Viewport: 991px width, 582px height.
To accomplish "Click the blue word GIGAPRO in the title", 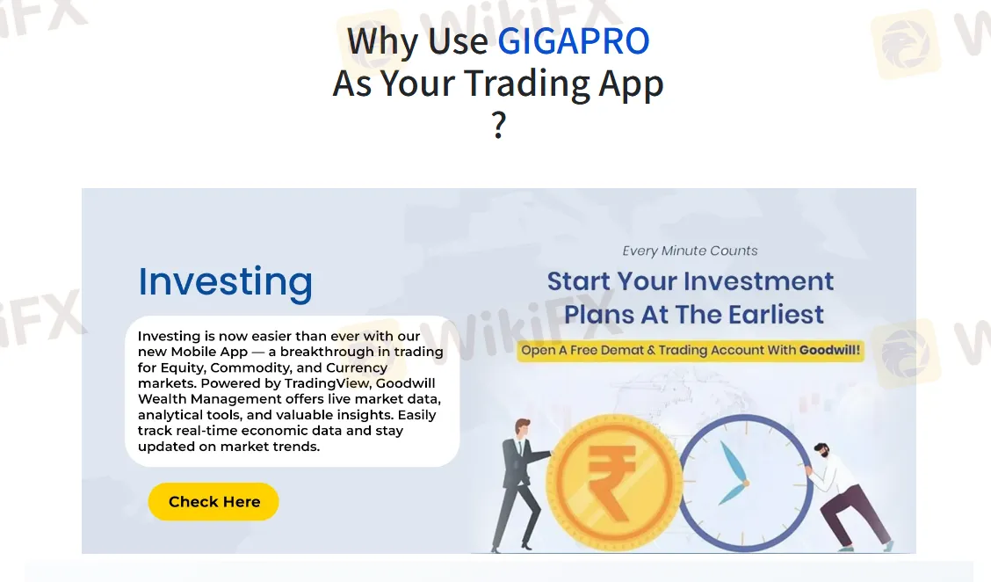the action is coord(573,41).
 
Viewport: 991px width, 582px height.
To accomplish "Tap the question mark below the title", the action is coord(499,125).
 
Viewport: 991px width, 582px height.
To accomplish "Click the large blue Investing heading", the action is coord(226,281).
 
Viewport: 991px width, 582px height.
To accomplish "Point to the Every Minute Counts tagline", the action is coord(690,251).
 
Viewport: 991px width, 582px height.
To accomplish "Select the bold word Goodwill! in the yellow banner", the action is coord(829,350).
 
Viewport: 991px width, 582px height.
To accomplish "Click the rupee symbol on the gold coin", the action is coord(611,482).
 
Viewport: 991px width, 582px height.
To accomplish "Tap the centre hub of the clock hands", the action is coord(746,484).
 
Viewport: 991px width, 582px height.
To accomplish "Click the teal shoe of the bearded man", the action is coord(887,545).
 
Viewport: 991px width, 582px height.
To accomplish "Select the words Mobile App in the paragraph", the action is coord(209,352).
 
